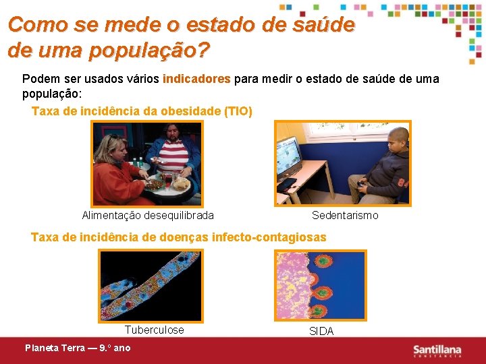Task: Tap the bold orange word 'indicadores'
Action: pyautogui.click(x=196, y=79)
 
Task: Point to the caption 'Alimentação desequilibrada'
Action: pyautogui.click(x=148, y=216)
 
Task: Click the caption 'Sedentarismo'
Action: pyautogui.click(x=345, y=216)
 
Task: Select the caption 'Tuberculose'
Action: pyautogui.click(x=154, y=330)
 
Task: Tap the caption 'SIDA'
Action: pyautogui.click(x=321, y=331)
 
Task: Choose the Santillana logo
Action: pyautogui.click(x=437, y=350)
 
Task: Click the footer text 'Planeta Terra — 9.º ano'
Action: pyautogui.click(x=78, y=348)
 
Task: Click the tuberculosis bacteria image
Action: pyautogui.click(x=150, y=285)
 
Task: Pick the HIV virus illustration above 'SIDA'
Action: pyautogui.click(x=321, y=285)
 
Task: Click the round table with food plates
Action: pyautogui.click(x=165, y=187)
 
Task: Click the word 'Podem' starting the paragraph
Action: pyautogui.click(x=38, y=79)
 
